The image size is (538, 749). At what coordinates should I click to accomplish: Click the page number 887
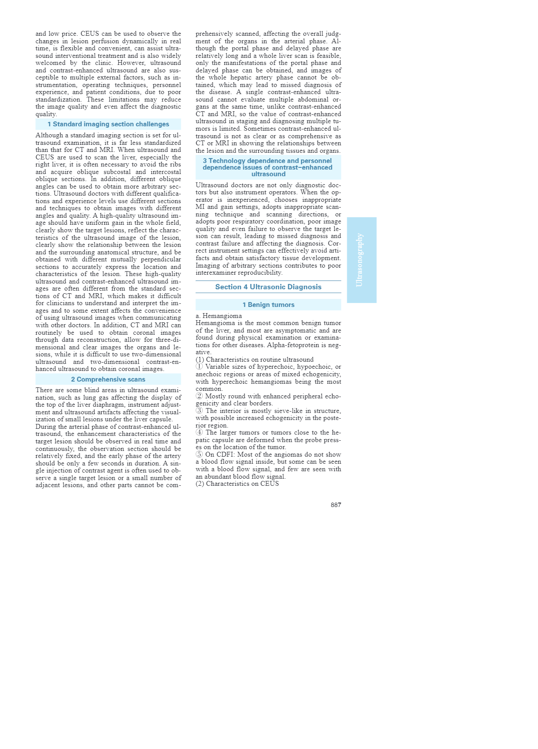point(336,505)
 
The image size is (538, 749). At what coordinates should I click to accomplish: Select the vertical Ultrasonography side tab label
point(360,260)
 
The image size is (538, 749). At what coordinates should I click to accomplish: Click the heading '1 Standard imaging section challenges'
point(108,124)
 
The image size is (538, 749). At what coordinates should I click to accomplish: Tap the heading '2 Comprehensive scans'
point(108,379)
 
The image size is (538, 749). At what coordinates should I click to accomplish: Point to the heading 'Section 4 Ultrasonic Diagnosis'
point(268,287)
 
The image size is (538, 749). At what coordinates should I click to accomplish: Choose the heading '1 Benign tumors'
point(268,305)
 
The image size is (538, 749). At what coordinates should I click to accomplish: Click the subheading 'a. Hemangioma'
point(219,316)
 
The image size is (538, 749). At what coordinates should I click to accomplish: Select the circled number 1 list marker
point(199,367)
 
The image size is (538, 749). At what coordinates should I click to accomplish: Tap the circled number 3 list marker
point(199,411)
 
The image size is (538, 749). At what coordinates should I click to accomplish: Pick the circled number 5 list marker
point(199,454)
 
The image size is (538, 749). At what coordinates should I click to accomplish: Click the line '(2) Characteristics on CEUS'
point(237,484)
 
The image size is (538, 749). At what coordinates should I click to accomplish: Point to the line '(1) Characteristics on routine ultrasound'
point(254,359)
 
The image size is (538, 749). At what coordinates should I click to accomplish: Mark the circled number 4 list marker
point(199,432)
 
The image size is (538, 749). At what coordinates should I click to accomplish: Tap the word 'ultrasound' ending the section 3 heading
point(268,174)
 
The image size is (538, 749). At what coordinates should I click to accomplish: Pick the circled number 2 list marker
point(199,396)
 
